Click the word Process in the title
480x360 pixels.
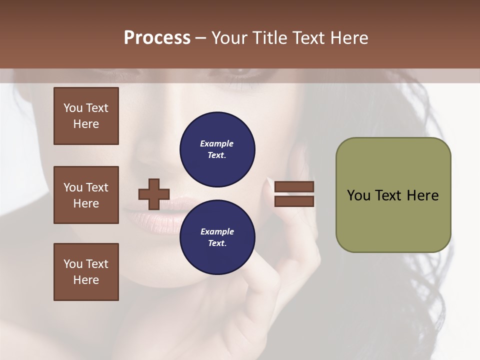[x=157, y=38]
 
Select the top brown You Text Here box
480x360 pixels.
[x=86, y=116]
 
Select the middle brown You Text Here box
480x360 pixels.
[x=86, y=195]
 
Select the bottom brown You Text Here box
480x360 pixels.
[x=86, y=272]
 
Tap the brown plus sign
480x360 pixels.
[x=154, y=194]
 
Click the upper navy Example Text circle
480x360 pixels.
[x=217, y=149]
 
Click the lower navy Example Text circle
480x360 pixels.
[x=217, y=237]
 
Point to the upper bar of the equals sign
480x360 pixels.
[x=294, y=186]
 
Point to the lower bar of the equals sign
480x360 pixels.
[x=294, y=201]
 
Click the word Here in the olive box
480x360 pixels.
[x=422, y=195]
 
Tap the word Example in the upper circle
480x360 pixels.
[x=217, y=143]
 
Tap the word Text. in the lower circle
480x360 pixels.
[x=217, y=243]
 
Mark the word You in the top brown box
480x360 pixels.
[x=72, y=108]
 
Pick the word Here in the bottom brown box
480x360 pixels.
[x=86, y=280]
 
